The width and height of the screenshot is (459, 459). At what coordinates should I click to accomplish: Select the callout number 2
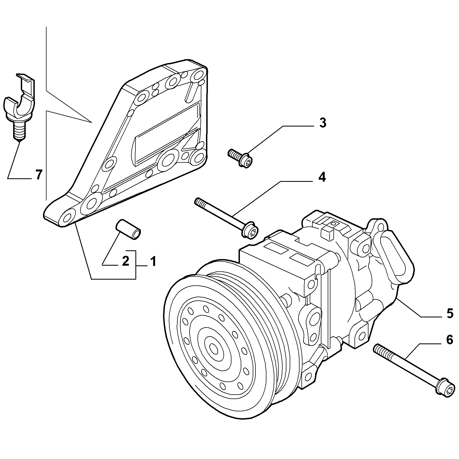(x=125, y=261)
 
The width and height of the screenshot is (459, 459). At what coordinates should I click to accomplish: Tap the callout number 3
(x=323, y=123)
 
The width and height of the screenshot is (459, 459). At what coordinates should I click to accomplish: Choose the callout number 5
(x=450, y=314)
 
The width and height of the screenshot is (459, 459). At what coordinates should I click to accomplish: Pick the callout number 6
(x=450, y=340)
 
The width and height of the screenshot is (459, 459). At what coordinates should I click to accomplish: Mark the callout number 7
(x=39, y=174)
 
